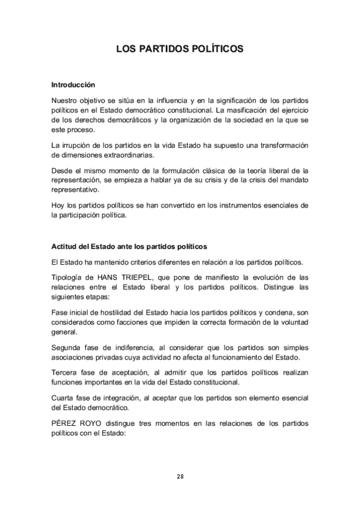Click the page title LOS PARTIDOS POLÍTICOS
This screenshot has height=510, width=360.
tap(180, 49)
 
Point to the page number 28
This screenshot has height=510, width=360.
tap(180, 476)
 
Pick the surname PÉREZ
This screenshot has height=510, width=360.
tap(64, 423)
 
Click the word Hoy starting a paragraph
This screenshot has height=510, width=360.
tap(58, 205)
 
